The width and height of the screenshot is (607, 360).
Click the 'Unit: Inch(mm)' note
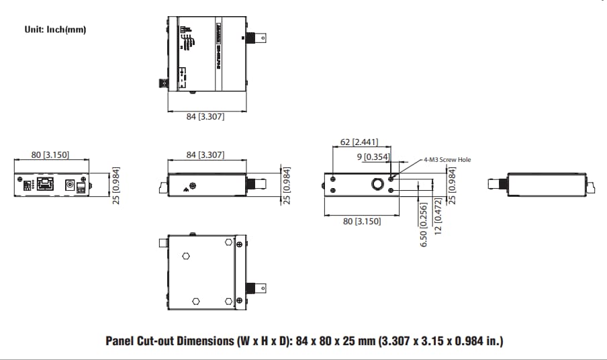55,30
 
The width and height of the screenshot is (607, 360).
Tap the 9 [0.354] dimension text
373,156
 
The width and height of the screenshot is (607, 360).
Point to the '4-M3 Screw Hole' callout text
447,160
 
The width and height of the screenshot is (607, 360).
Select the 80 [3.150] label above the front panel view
50,155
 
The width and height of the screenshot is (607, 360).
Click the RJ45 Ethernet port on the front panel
44,184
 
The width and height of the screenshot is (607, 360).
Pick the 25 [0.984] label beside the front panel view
115,185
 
